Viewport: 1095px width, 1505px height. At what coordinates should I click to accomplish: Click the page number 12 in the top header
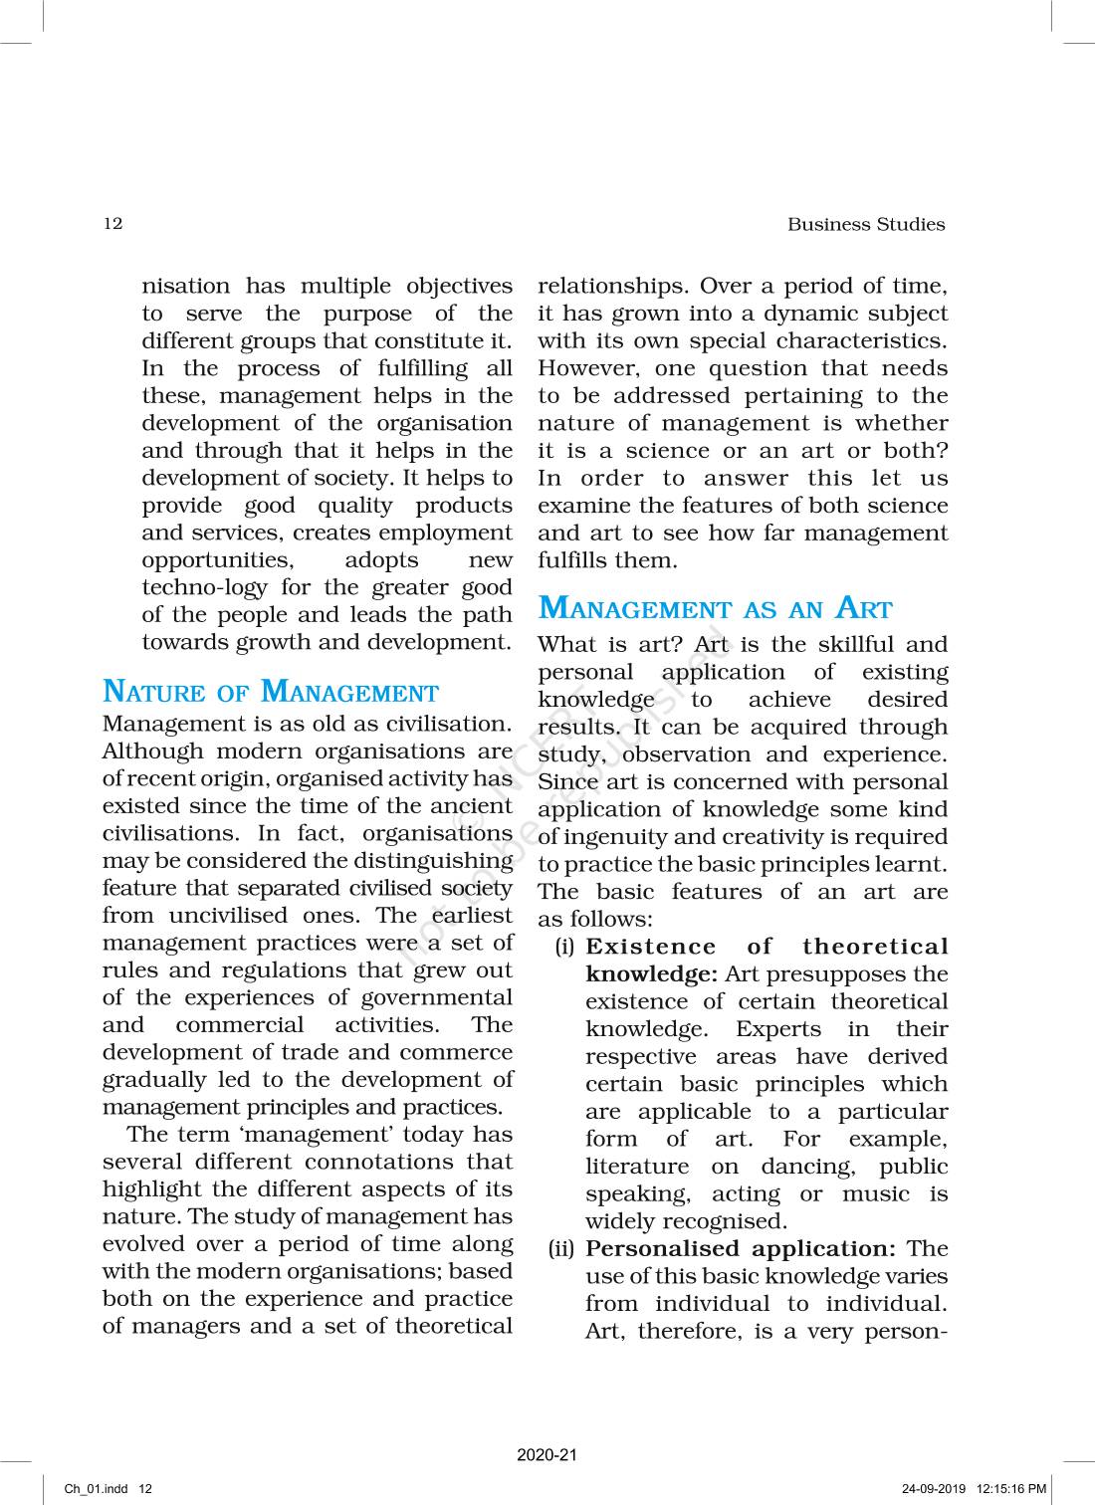tap(112, 223)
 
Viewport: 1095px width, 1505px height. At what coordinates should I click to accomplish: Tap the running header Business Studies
tap(865, 224)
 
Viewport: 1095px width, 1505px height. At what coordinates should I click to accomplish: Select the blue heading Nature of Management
tap(270, 692)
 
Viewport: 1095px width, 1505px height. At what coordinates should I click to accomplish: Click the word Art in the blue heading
tap(863, 608)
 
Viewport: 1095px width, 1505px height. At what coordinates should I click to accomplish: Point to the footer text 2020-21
tap(547, 1455)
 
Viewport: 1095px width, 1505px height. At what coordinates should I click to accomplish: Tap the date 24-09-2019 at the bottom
tap(934, 1489)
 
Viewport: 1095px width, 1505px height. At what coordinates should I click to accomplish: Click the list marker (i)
tap(564, 948)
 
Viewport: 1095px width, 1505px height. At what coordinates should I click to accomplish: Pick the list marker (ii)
tap(561, 1249)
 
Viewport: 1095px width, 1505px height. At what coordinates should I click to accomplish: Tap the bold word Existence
tap(650, 948)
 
